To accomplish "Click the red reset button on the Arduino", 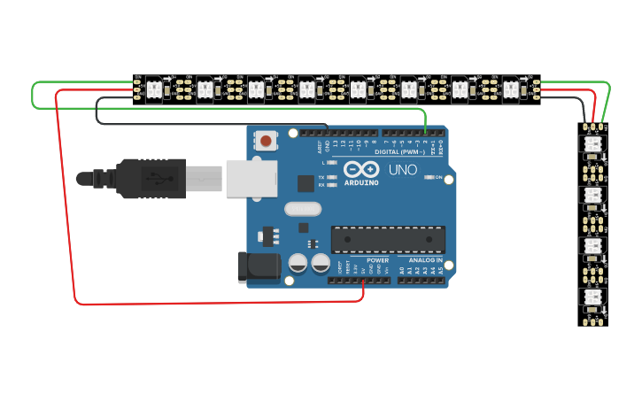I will pyautogui.click(x=265, y=140).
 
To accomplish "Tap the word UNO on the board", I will pyautogui.click(x=403, y=169).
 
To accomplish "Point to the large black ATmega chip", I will pyautogui.click(x=388, y=239).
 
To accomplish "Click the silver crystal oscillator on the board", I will pyautogui.click(x=303, y=210).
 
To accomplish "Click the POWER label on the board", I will pyautogui.click(x=377, y=261).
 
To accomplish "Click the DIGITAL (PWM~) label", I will pyautogui.click(x=401, y=151).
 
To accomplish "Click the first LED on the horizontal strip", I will pyautogui.click(x=152, y=89).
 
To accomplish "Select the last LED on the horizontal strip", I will pyautogui.click(x=511, y=89).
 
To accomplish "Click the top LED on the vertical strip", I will pyautogui.click(x=592, y=144).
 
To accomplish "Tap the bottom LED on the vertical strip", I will pyautogui.click(x=592, y=297).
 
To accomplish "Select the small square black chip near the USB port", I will pyautogui.click(x=306, y=183).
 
